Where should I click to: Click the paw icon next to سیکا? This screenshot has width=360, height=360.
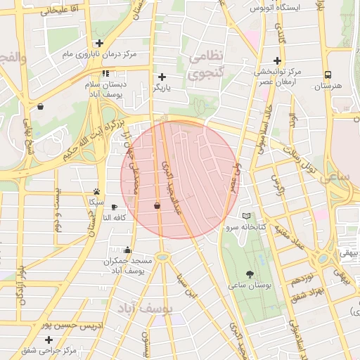point(96,191)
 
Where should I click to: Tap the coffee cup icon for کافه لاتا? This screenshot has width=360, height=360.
point(115,207)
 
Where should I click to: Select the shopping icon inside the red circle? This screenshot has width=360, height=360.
point(156,205)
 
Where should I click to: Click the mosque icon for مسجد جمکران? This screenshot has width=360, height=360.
point(127,250)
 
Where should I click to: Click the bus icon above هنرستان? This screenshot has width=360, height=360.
point(328,75)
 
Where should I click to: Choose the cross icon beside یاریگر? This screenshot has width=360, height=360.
point(162,77)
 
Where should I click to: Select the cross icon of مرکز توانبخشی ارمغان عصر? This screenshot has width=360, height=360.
point(277,61)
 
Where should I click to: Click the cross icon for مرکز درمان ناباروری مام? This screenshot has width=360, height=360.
point(100,43)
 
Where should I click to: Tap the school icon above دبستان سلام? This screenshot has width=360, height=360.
point(105,73)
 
